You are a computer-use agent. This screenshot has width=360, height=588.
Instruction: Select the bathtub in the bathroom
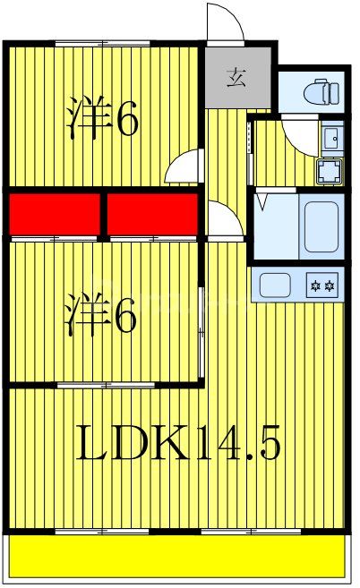320,226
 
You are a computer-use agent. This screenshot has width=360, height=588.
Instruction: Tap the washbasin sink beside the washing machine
330,139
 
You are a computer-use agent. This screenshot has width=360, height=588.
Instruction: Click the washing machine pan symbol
330,170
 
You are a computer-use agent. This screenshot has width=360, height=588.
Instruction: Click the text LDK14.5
178,442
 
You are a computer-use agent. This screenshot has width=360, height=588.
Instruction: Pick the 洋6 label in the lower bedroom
101,318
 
